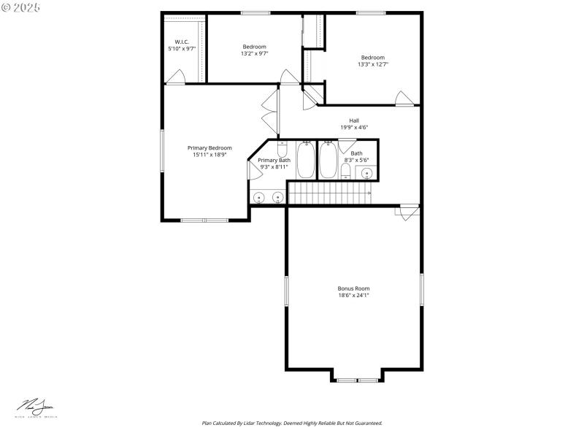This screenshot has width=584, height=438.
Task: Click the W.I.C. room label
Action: click(182, 42)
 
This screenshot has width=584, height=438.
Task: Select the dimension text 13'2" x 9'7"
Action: click(255, 53)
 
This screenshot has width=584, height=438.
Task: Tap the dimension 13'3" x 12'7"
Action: click(372, 64)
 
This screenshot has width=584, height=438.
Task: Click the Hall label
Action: click(353, 120)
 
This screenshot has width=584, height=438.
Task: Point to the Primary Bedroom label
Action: click(210, 147)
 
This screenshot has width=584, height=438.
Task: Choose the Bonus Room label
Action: click(353, 288)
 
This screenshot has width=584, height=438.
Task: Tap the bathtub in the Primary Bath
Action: click(306, 161)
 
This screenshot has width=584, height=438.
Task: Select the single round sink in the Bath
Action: click(367, 173)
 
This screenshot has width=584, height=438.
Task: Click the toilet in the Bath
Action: click(345, 171)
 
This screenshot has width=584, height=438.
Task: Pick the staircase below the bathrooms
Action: click(329, 193)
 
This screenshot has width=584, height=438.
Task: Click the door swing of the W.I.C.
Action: click(175, 77)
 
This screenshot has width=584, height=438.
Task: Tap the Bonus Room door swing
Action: click(407, 212)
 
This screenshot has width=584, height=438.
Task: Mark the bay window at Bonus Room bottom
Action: click(356, 379)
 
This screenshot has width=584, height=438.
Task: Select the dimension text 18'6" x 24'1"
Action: click(353, 296)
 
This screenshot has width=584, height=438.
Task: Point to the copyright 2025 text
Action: click(21, 7)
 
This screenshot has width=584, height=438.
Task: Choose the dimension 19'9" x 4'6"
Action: click(353, 128)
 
